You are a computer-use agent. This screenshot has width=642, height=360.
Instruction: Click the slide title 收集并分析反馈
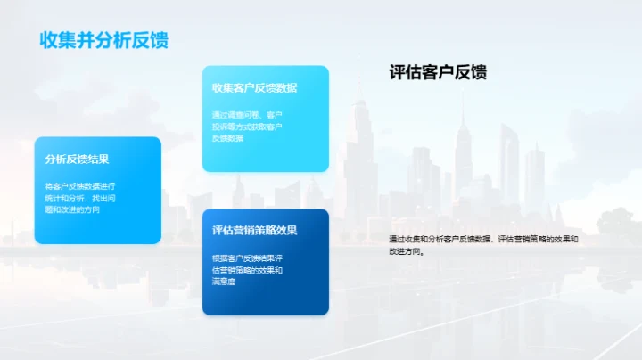104,41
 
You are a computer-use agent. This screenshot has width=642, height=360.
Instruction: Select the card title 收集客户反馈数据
254,88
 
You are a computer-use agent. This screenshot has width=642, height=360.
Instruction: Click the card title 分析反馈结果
77,160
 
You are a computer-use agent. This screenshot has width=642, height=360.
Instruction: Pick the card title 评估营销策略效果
254,231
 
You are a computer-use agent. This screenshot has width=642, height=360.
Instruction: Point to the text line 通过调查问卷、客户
247,115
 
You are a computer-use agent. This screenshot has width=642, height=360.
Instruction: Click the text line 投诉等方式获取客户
247,127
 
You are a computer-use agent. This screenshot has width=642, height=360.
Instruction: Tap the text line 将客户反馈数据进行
79,186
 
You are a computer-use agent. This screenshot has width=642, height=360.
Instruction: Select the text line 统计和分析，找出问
79,198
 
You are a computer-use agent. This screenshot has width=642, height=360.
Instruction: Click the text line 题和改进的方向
72,209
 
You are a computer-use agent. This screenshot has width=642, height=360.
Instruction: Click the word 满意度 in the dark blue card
224,282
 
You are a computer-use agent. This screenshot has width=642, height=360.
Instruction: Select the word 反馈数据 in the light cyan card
227,138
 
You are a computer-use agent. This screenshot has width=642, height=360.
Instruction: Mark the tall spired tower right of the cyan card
361,151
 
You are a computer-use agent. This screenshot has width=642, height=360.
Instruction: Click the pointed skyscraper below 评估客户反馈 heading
463,147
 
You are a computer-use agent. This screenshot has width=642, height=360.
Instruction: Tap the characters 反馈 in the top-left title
147,41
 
